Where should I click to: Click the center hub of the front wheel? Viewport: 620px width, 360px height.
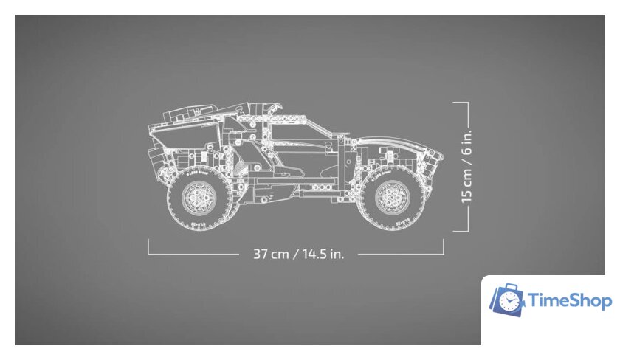point(391,195)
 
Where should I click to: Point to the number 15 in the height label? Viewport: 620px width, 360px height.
point(466,194)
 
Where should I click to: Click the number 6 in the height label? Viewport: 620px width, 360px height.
point(466,148)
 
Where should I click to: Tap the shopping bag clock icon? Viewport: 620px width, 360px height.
point(506,300)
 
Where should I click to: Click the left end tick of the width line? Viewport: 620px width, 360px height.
point(148,246)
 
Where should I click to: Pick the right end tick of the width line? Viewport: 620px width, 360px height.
point(443,246)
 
